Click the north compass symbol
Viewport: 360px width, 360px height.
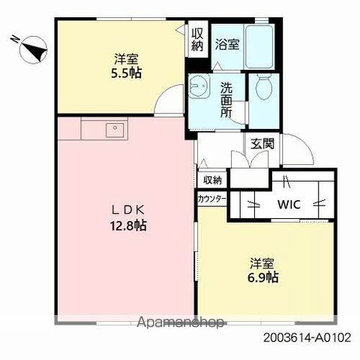34,49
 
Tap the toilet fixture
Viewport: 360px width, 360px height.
265,87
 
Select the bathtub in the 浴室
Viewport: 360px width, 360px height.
259,46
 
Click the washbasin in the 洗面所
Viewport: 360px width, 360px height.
199,85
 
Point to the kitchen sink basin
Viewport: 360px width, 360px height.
115,130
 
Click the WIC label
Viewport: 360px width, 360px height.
289,205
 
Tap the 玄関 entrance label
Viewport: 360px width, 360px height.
262,143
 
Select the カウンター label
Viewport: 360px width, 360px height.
212,199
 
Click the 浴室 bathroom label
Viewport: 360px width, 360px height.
227,44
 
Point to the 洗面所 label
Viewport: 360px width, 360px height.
226,100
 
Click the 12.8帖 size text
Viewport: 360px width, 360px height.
128,226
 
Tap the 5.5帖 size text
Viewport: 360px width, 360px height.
126,73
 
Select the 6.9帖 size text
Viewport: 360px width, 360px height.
263,277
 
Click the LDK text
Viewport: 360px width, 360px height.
127,211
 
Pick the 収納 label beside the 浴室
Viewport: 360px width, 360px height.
197,40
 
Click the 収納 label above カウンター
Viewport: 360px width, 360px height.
212,180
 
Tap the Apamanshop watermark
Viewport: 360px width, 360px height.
181,322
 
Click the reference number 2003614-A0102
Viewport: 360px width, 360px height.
307,338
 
